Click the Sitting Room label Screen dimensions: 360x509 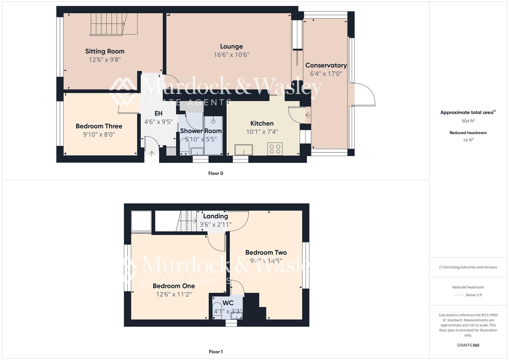tap(105, 51)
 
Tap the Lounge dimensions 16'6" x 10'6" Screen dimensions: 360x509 tap(231, 55)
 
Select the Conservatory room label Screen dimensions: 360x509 tap(326, 65)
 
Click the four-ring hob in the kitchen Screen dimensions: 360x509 tap(275, 149)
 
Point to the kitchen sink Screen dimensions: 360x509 tap(243, 150)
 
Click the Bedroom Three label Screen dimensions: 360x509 tap(99, 126)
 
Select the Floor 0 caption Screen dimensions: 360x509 tap(216, 173)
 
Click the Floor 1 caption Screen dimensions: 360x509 tap(216, 352)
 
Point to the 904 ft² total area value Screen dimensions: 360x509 tap(468, 121)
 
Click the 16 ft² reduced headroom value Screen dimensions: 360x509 tap(468, 140)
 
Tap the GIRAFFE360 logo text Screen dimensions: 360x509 tap(468, 345)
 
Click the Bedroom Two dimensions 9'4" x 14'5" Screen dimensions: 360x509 tap(266, 261)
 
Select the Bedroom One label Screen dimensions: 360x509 tap(174, 286)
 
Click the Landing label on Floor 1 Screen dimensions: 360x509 tap(215, 216)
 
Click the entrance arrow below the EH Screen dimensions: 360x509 tap(152, 154)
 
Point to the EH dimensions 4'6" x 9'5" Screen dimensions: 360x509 tap(158, 122)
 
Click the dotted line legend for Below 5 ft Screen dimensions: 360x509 tap(459, 295)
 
